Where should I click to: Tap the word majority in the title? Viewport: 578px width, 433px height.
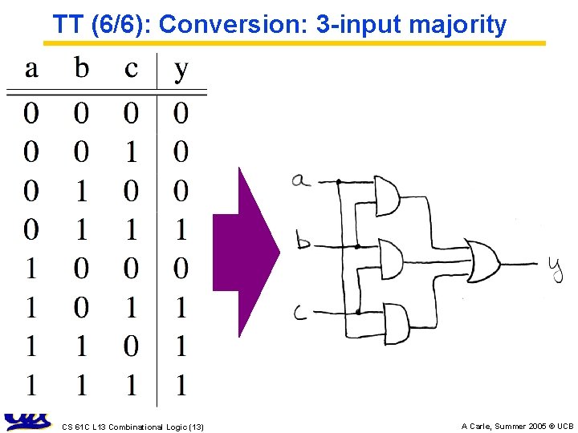tap(458, 26)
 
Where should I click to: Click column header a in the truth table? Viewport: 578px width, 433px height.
tap(31, 69)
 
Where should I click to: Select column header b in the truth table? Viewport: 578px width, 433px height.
tap(81, 68)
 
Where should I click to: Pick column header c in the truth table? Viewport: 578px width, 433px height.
tap(131, 69)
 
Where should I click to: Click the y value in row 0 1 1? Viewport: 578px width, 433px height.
tap(181, 230)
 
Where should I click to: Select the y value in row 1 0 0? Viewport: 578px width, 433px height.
tap(181, 269)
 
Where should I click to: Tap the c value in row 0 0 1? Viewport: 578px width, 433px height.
tap(131, 152)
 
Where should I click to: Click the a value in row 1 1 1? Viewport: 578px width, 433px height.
tap(31, 386)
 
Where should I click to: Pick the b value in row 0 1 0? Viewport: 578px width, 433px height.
tap(81, 191)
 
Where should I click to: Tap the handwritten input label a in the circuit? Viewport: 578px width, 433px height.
tap(301, 180)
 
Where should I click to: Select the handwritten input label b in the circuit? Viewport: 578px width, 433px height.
tap(303, 240)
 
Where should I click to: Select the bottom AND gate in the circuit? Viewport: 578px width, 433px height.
tap(396, 321)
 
